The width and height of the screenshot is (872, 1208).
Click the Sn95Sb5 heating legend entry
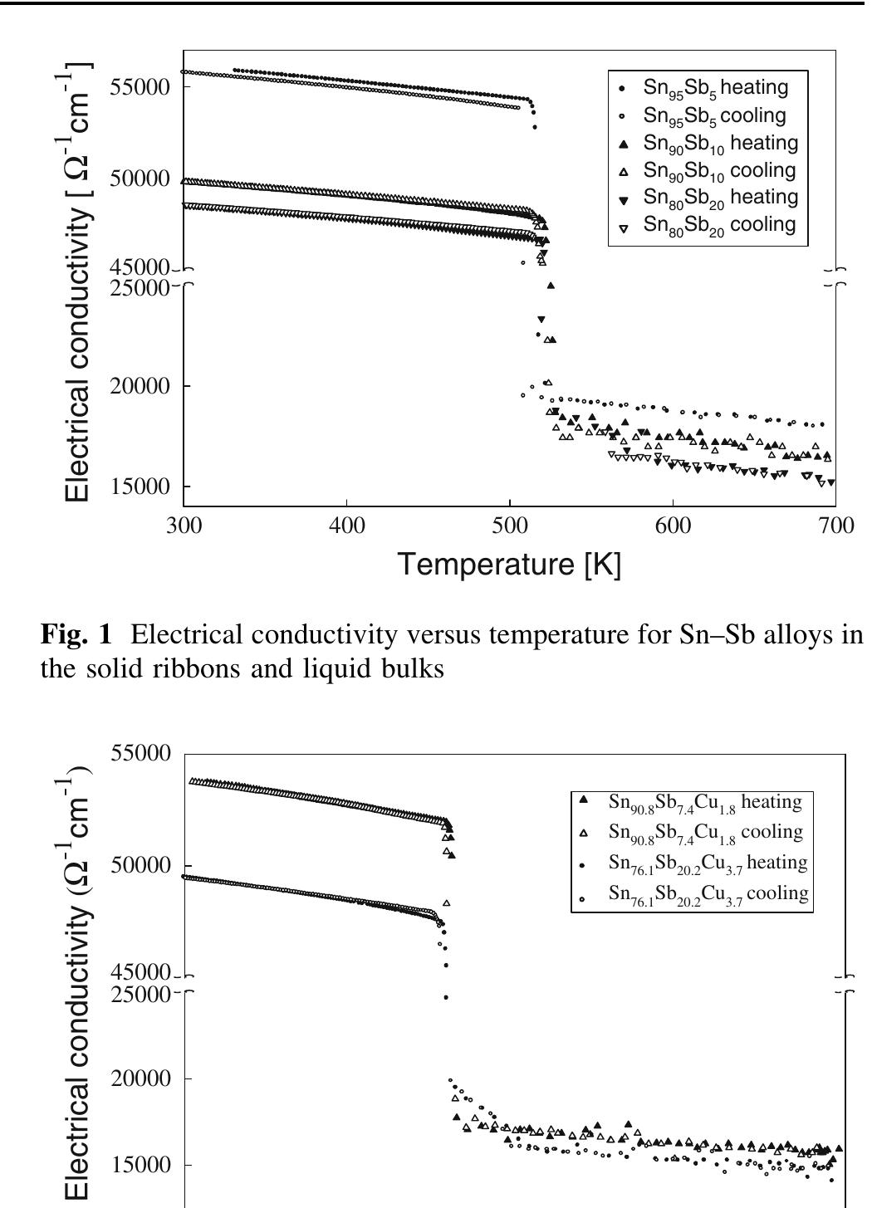[x=715, y=87]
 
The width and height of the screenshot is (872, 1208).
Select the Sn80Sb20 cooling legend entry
[x=719, y=225]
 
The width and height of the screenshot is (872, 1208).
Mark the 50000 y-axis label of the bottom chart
[x=140, y=865]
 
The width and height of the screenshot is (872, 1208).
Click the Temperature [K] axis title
[x=509, y=565]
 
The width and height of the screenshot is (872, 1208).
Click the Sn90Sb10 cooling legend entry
[x=719, y=170]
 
